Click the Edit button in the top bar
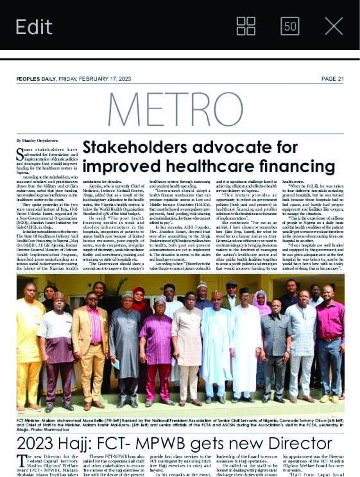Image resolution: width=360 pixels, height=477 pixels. point(34,26)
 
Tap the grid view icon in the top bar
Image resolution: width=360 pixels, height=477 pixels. point(246,26)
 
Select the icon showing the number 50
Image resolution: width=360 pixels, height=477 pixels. point(290,26)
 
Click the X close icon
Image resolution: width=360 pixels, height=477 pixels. point(334,26)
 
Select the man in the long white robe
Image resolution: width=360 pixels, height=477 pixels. point(247,347)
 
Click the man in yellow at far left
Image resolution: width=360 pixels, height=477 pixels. point(28,347)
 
